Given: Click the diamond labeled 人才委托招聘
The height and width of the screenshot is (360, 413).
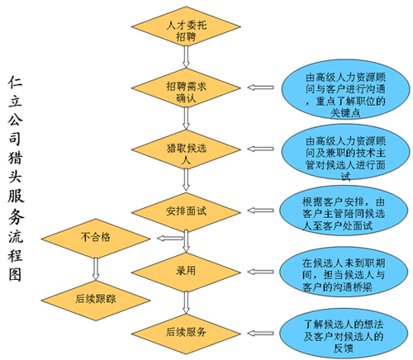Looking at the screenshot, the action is (186, 26).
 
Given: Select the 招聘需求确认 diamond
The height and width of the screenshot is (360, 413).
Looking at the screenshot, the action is (186, 88).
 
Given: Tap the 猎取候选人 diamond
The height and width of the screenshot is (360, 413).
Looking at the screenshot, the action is (186, 149).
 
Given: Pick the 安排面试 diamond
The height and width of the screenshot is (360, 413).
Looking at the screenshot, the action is (186, 212).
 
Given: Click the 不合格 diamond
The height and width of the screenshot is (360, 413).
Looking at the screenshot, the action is (96, 239).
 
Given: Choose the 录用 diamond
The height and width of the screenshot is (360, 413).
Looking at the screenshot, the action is (186, 272).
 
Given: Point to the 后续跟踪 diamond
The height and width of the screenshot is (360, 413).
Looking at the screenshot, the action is (96, 301).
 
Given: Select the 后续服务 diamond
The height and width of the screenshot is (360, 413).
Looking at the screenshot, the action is (186, 334).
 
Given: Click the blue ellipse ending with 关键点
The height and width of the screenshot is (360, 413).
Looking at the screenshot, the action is (346, 89).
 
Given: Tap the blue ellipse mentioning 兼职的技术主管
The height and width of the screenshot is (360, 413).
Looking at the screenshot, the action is (346, 152).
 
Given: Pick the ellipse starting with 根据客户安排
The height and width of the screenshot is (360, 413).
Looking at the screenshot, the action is (344, 211).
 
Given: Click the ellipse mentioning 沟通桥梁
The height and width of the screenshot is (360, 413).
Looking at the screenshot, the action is (344, 272).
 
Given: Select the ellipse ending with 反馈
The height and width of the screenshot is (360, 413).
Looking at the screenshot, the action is (344, 334).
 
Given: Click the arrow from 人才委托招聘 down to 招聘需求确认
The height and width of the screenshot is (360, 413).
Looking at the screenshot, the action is (186, 57).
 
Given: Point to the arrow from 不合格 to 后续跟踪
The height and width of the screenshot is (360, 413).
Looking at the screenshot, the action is (96, 269).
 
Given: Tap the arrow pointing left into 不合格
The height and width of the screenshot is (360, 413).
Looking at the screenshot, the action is (170, 238).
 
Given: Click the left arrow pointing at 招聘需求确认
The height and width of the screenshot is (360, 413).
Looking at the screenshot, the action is (260, 88).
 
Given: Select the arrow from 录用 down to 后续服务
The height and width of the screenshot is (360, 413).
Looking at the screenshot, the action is (186, 303).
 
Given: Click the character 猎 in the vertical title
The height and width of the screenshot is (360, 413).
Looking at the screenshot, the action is (16, 158).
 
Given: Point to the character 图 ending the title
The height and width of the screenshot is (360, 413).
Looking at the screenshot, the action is (16, 274).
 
